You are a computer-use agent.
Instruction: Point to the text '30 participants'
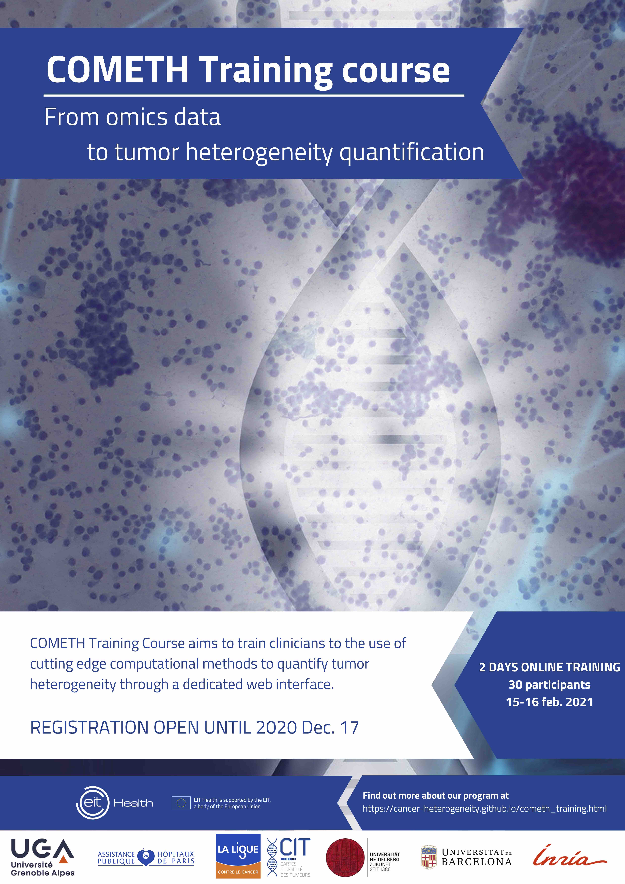click(550, 685)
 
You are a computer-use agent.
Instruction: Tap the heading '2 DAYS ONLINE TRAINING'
click(550, 667)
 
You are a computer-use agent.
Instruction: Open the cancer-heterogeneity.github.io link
click(484, 809)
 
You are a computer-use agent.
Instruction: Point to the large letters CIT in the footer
click(295, 847)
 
